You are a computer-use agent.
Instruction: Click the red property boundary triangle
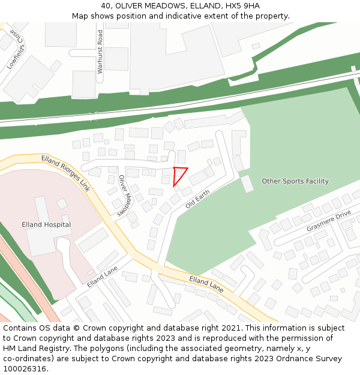pyautogui.click(x=179, y=175)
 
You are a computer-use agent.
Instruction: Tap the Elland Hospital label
pyautogui.click(x=46, y=225)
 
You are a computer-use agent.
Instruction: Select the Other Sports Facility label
pyautogui.click(x=295, y=181)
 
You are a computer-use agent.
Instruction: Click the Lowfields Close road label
pyautogui.click(x=17, y=50)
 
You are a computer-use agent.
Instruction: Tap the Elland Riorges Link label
pyautogui.click(x=65, y=173)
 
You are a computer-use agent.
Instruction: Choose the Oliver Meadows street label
pyautogui.click(x=124, y=195)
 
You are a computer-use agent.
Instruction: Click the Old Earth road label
pyautogui.click(x=197, y=199)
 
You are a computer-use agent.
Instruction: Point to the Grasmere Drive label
pyautogui.click(x=328, y=221)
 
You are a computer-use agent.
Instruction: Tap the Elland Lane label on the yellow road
pyautogui.click(x=206, y=284)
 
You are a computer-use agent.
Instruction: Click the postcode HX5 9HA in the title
pyautogui.click(x=241, y=5)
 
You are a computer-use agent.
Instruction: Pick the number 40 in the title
pyautogui.click(x=107, y=5)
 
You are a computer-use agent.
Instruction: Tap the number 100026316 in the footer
pyautogui.click(x=25, y=369)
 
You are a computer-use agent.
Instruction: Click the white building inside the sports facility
pyautogui.click(x=247, y=184)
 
